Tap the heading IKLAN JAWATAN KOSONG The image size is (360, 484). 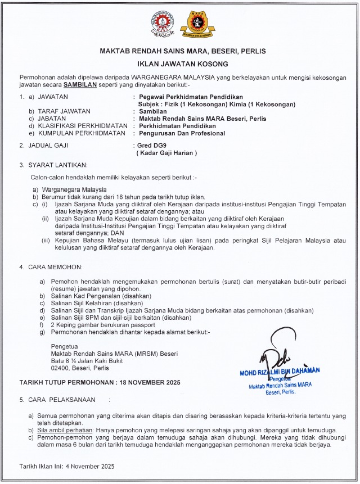[x=179, y=65]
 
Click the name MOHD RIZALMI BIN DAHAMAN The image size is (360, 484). [x=280, y=370]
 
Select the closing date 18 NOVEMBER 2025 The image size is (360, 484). [x=148, y=382]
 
